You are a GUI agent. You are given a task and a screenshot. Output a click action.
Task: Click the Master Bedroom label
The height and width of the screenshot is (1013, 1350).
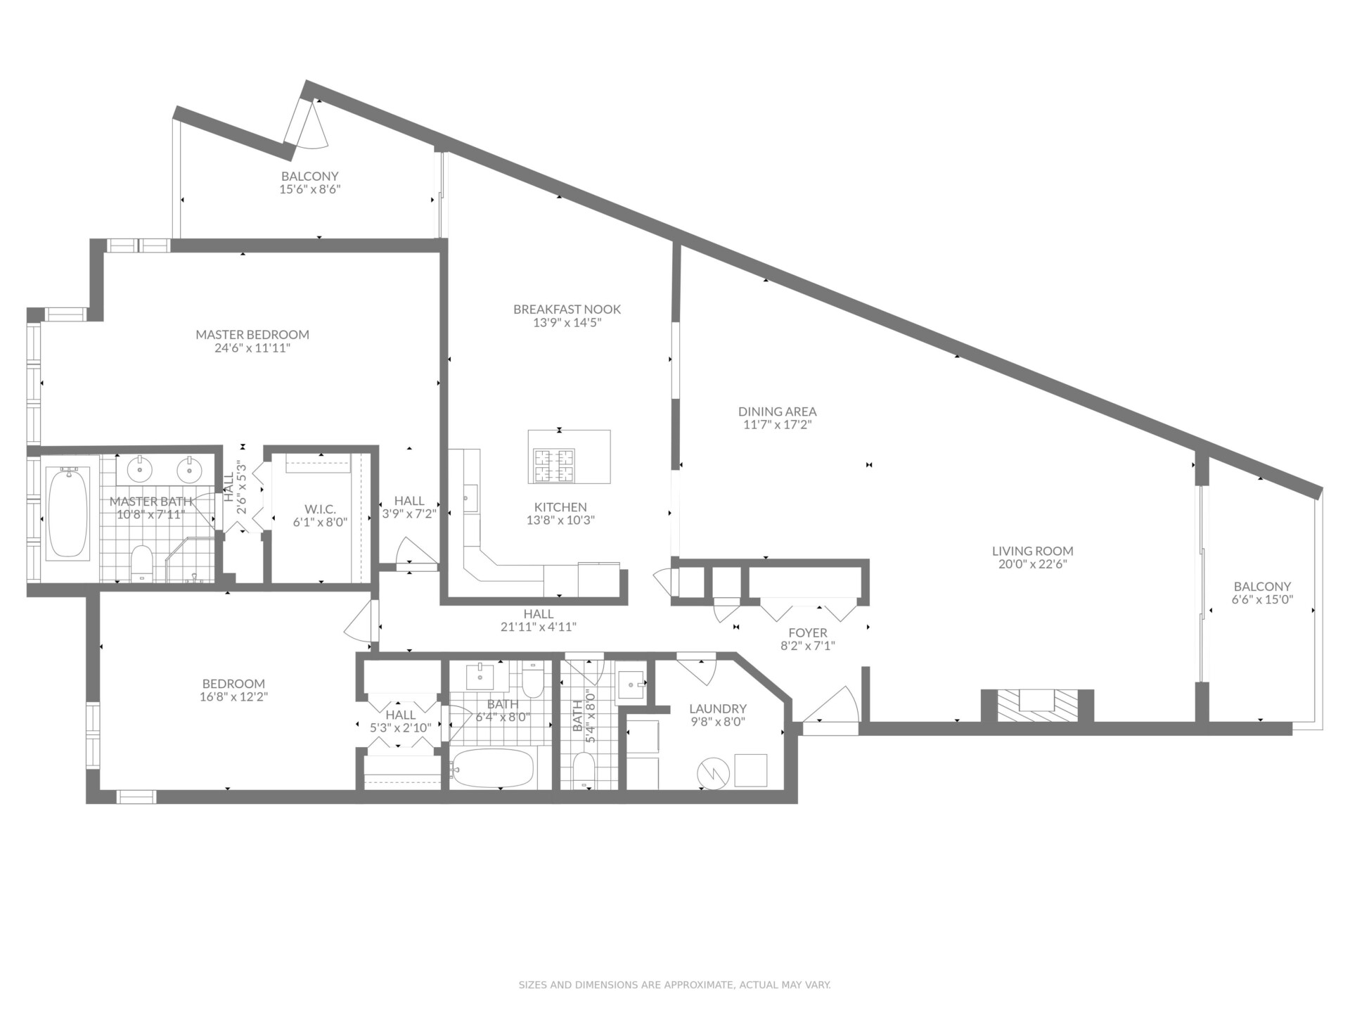point(252,335)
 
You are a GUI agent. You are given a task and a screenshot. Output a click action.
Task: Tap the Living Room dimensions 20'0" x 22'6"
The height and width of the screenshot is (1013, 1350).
point(1033,564)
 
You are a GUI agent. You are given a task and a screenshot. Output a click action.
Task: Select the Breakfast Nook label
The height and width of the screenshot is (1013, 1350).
point(567,310)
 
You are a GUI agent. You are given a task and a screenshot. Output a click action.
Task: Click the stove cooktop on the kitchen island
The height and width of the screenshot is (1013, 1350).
point(554,466)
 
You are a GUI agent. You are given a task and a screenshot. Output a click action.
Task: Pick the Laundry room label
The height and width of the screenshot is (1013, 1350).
point(718,709)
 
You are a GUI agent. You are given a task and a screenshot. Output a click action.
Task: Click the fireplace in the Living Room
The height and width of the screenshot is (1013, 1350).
point(1038,705)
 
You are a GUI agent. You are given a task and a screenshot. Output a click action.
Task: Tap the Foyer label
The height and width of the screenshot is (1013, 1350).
point(808,633)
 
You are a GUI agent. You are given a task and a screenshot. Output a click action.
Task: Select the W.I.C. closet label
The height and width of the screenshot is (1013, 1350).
point(320,509)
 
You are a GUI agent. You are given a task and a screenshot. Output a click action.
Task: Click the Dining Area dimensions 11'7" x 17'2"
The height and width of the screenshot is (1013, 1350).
point(778,425)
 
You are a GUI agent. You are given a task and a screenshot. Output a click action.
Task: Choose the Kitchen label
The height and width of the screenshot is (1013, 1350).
point(560,507)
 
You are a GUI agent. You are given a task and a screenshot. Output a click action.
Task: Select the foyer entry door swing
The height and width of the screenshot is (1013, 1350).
point(832,703)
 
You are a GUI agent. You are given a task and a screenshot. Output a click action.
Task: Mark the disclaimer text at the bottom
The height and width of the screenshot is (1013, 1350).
point(675,985)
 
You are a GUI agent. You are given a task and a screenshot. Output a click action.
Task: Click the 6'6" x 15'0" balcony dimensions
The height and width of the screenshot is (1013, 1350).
point(1263,600)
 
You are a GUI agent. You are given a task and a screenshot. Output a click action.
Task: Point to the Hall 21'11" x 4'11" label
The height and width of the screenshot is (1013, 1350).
point(539,620)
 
